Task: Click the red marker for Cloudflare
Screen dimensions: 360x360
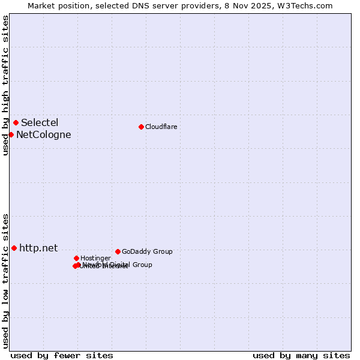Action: pyautogui.click(x=141, y=127)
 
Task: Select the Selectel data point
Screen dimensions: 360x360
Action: pyautogui.click(x=16, y=123)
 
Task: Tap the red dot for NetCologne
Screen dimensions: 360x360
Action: pyautogui.click(x=11, y=134)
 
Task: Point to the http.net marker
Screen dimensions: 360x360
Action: pyautogui.click(x=14, y=248)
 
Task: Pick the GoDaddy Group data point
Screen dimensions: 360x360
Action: pyautogui.click(x=118, y=251)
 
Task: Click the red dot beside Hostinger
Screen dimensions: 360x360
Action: pyautogui.click(x=76, y=258)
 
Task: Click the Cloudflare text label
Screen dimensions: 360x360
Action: pyautogui.click(x=161, y=127)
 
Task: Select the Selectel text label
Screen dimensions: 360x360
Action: pyautogui.click(x=40, y=123)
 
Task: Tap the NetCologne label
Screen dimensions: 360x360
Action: pyautogui.click(x=43, y=134)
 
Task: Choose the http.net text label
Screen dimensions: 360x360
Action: pyautogui.click(x=38, y=248)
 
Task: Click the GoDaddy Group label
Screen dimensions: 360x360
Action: pyautogui.click(x=147, y=251)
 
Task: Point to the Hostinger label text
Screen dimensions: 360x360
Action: pyautogui.click(x=95, y=258)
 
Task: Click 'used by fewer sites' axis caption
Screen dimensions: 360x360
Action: pyautogui.click(x=62, y=355)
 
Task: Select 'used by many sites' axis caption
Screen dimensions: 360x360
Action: pyautogui.click(x=301, y=355)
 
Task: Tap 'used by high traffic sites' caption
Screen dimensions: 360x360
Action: pyautogui.click(x=5, y=85)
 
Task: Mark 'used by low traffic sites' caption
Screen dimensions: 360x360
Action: pyautogui.click(x=5, y=281)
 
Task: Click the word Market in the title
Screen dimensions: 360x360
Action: pyautogui.click(x=41, y=5)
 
